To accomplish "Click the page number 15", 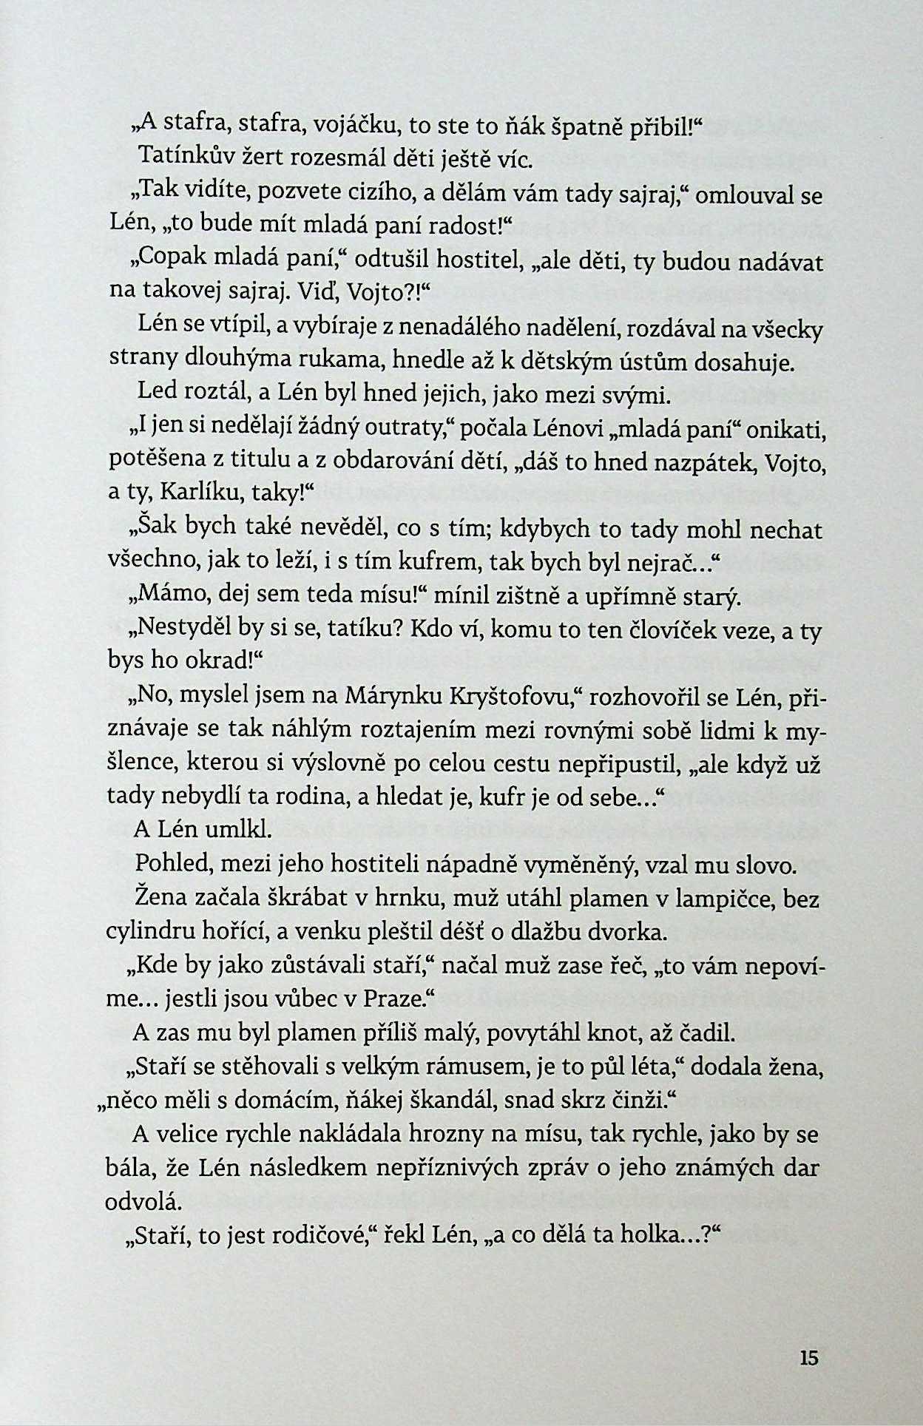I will (809, 1358).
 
